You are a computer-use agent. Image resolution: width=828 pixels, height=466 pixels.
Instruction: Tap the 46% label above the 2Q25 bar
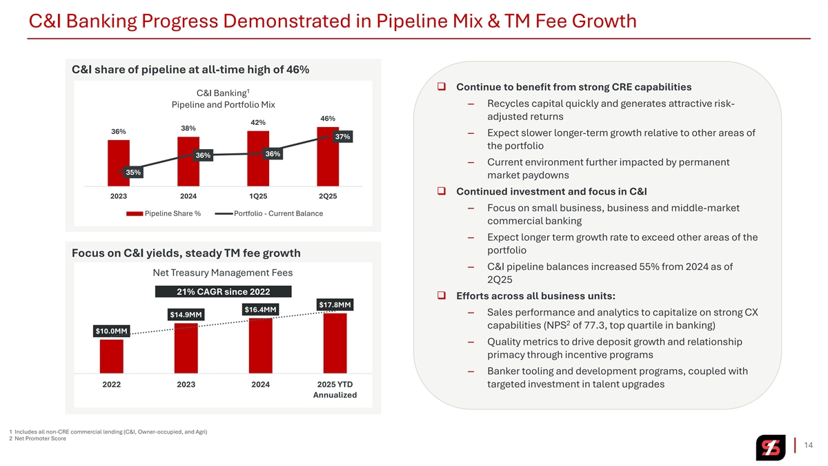(327, 119)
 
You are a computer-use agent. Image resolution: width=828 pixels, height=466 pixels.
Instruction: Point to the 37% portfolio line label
(343, 137)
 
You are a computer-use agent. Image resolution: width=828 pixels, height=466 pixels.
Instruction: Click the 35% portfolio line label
(132, 172)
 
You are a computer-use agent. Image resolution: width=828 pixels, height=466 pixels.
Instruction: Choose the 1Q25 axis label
(258, 196)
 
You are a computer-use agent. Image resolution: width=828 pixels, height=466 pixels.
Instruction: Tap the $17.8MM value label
(335, 304)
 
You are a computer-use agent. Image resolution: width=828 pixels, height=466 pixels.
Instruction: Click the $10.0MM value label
(112, 331)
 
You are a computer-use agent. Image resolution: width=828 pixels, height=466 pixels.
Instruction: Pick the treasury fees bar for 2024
(260, 345)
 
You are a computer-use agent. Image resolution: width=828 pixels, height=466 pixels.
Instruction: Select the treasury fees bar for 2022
(112, 356)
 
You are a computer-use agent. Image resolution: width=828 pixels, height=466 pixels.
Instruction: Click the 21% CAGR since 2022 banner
(224, 291)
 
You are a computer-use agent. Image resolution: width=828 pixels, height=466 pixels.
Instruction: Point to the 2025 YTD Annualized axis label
(335, 389)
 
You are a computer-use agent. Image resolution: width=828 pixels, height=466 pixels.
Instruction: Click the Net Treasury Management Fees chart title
(223, 272)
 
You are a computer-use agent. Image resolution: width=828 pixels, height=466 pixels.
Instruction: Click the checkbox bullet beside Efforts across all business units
(440, 297)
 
